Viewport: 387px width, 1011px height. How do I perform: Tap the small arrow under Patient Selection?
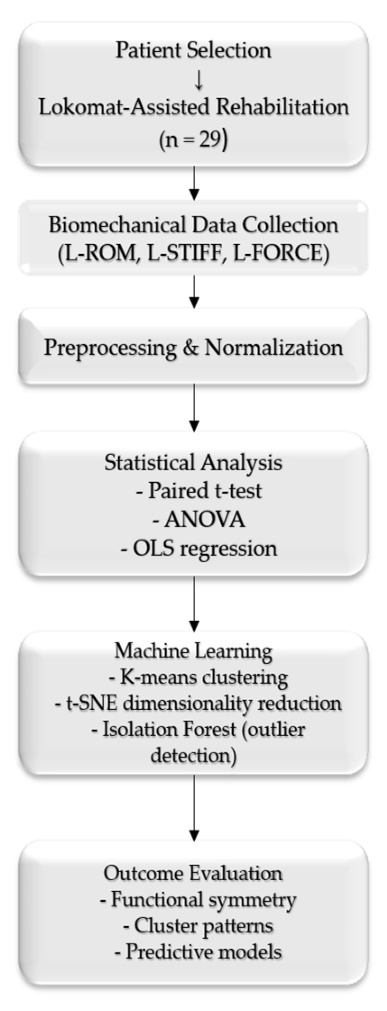[199, 80]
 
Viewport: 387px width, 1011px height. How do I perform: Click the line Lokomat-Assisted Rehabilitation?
[193, 108]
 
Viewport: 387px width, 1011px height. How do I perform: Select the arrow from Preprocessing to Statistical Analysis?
[193, 408]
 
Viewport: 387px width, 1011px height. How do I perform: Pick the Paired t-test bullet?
[199, 491]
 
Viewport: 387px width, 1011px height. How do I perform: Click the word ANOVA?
[205, 520]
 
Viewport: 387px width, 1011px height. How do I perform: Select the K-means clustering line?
[199, 678]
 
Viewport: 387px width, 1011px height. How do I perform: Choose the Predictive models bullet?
[199, 952]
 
